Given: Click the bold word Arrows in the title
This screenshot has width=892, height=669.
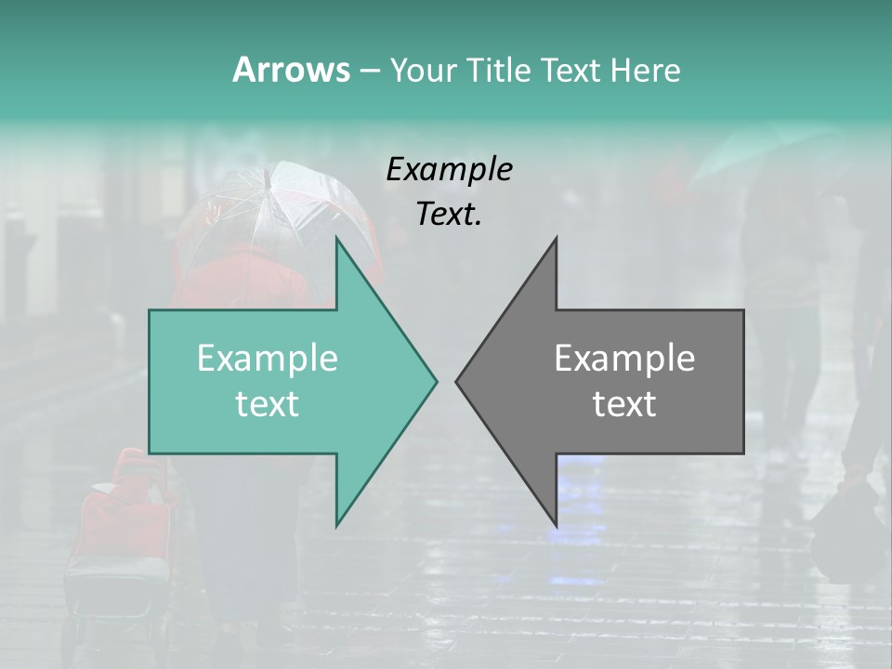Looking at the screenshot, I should pyautogui.click(x=291, y=70).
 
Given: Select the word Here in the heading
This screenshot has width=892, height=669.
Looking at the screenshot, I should pyautogui.click(x=646, y=70).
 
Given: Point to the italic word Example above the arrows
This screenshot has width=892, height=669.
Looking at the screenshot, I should pyautogui.click(x=450, y=170).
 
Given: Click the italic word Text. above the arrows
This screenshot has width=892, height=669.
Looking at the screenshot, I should pyautogui.click(x=450, y=214).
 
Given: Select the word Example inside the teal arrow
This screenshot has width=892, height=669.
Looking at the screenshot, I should pyautogui.click(x=268, y=359).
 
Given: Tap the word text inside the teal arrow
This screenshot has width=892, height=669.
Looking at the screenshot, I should pyautogui.click(x=268, y=404).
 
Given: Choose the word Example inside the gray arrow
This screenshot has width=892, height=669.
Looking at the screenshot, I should pyautogui.click(x=624, y=359).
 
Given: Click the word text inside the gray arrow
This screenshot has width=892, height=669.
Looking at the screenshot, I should pyautogui.click(x=624, y=404).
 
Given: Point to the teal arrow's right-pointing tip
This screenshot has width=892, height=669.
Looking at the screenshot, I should pyautogui.click(x=436, y=381).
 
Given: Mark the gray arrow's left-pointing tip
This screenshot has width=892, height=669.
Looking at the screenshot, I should pyautogui.click(x=456, y=381).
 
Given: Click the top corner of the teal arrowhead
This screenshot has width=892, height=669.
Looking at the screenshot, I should pyautogui.click(x=336, y=239).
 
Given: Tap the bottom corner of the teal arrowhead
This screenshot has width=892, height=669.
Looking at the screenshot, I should pyautogui.click(x=336, y=525).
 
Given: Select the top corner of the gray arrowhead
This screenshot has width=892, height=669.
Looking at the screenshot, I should pyautogui.click(x=556, y=239).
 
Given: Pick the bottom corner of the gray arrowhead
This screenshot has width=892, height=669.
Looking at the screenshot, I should pyautogui.click(x=556, y=525).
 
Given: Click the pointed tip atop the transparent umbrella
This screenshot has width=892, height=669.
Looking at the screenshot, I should pyautogui.click(x=266, y=171).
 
